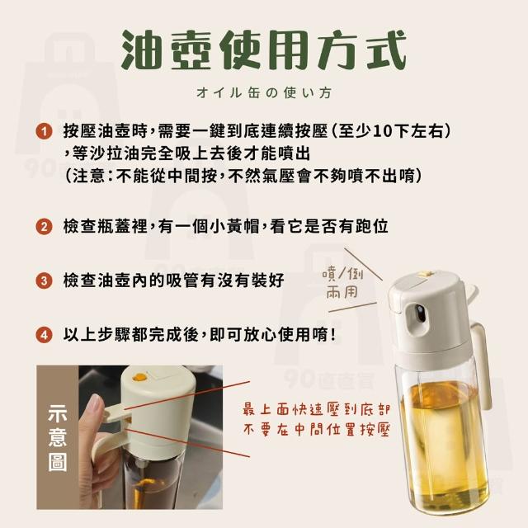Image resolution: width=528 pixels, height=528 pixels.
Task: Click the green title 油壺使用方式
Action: click(x=264, y=49)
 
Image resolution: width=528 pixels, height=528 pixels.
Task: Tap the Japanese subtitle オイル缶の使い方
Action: click(x=264, y=92)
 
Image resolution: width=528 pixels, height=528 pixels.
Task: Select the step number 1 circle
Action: click(x=44, y=131)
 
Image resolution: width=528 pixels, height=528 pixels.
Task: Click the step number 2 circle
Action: click(x=44, y=226)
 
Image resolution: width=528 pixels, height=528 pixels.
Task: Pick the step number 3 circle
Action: click(x=44, y=280)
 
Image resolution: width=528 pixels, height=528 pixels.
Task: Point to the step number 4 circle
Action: click(x=44, y=335)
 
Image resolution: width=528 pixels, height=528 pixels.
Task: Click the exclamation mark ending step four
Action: click(x=333, y=335)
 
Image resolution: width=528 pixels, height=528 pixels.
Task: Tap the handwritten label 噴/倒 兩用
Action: click(x=342, y=283)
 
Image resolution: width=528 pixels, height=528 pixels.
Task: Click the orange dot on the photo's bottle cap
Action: click(x=139, y=378)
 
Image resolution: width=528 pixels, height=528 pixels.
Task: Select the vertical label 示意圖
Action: click(x=58, y=437)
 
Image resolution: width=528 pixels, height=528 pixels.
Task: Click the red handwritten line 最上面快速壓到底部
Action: click(x=316, y=410)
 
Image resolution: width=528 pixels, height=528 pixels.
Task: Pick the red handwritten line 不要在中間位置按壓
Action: click(x=316, y=430)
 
